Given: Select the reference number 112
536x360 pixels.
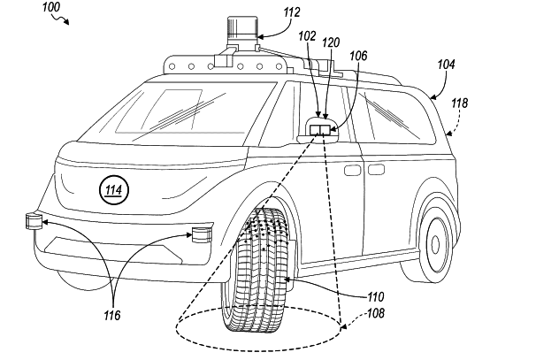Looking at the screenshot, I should (291, 12).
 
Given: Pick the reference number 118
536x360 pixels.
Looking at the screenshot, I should (461, 103).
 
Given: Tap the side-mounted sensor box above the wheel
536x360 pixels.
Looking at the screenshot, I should (322, 130).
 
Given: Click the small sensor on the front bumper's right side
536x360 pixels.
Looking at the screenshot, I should (200, 234).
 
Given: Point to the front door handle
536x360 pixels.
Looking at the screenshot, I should (353, 167).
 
